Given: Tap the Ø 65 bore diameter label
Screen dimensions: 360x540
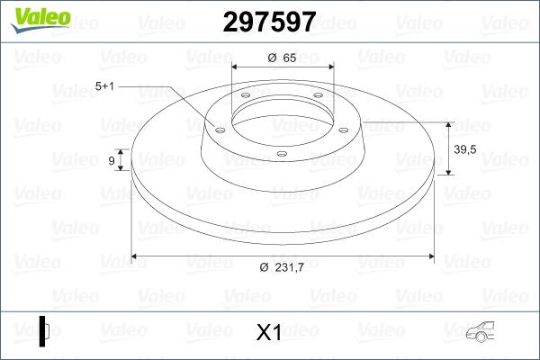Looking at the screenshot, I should point(283,58).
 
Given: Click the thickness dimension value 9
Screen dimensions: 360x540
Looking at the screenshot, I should point(112,161).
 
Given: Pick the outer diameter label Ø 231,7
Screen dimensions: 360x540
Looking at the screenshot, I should point(283,267).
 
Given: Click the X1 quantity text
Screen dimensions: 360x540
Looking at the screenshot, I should point(269,333).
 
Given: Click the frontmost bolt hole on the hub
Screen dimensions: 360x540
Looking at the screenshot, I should point(281,154).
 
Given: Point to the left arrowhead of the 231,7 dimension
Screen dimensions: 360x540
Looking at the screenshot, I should point(137,256).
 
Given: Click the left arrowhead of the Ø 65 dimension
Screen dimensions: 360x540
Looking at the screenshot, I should point(237,67).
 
